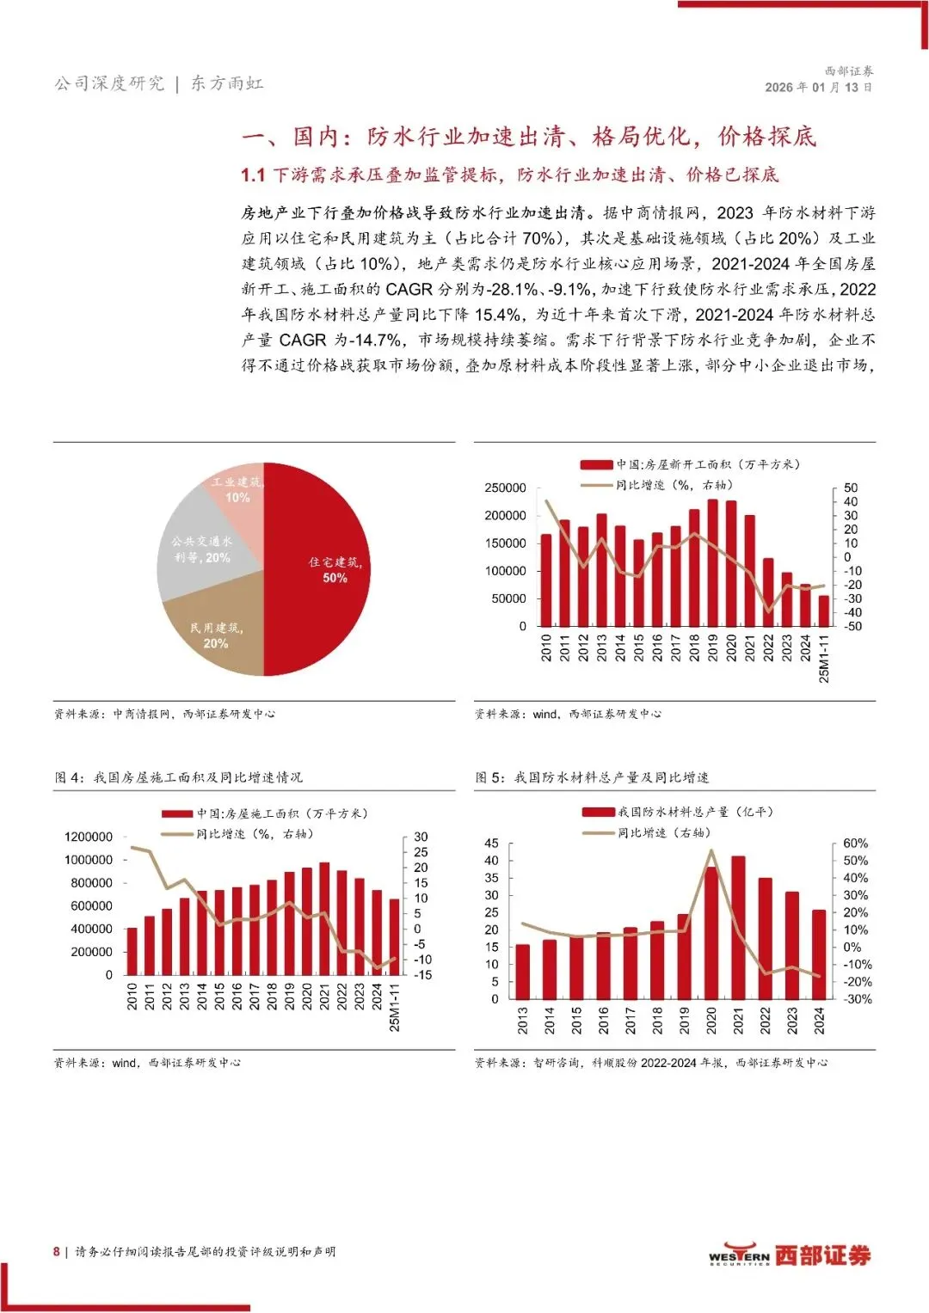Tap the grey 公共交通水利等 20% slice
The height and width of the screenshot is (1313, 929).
(x=201, y=550)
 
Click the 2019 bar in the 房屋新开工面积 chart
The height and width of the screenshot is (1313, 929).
(x=712, y=563)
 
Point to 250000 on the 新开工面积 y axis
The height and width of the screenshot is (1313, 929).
(x=505, y=488)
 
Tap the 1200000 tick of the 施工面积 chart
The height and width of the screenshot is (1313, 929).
(x=89, y=837)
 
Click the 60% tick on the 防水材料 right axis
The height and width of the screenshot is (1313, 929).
(x=855, y=844)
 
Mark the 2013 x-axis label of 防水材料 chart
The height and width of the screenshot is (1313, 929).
(x=523, y=1021)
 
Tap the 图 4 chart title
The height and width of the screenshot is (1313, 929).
(x=179, y=777)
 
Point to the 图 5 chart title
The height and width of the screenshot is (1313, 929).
(x=593, y=777)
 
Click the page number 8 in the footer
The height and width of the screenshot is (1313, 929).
(x=57, y=1252)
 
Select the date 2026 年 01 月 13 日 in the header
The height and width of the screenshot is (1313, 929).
(x=818, y=88)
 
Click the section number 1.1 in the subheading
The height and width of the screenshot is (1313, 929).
(x=253, y=175)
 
